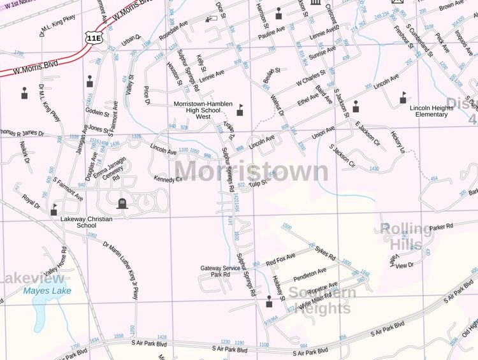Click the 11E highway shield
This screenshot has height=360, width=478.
[x=94, y=38]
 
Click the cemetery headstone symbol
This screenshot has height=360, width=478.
[x=122, y=203]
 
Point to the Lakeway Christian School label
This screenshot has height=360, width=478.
[x=86, y=222]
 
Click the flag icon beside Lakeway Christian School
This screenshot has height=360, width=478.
[x=54, y=208]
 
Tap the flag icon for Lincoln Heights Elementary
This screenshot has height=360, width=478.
[x=402, y=97]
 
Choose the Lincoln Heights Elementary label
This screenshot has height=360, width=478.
[x=431, y=111]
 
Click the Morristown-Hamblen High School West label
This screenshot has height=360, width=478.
[x=203, y=110]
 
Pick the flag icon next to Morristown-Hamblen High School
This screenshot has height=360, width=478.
[x=240, y=110]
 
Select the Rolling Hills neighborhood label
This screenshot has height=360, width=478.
[x=406, y=236]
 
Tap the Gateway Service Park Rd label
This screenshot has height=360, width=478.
[x=221, y=271]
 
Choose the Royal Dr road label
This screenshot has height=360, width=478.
[x=31, y=202]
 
